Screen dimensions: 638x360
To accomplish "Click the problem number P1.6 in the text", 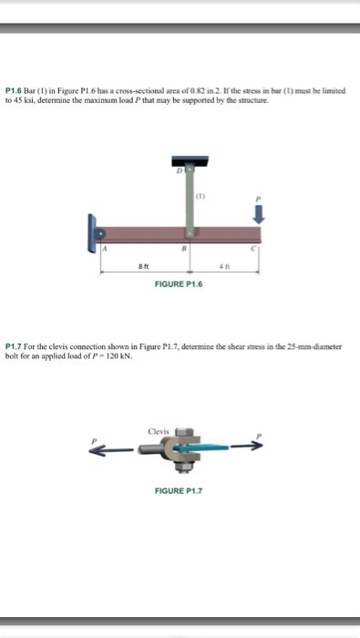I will (x=15, y=92).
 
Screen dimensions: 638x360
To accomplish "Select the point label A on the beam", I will (x=104, y=249).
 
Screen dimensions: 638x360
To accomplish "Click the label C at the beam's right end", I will (x=257, y=249).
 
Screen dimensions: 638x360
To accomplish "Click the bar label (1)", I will (x=201, y=195).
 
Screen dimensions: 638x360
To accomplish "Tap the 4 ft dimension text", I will (x=223, y=266).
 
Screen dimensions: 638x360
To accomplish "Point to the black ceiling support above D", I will (x=190, y=160).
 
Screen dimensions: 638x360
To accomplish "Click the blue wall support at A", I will (x=91, y=233).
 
